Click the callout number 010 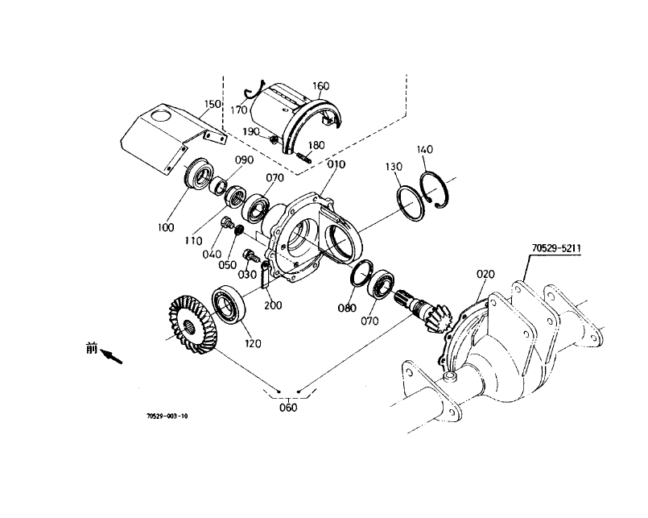pos(336,164)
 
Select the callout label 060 pos(287,407)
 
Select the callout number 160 pos(320,86)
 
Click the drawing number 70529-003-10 pos(167,416)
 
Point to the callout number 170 pos(239,110)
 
